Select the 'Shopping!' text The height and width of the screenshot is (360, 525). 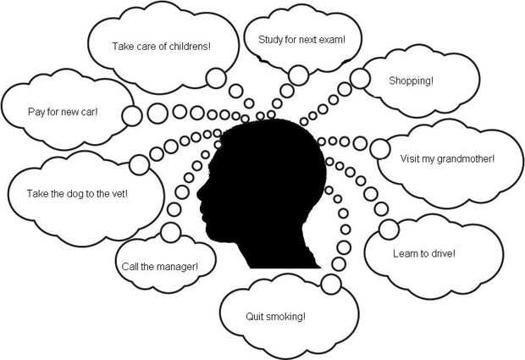click(411, 81)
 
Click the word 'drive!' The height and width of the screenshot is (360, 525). click(440, 253)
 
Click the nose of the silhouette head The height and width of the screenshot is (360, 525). click(200, 194)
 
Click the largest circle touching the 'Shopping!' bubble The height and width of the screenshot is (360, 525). click(360, 79)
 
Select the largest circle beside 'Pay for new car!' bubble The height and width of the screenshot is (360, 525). click(131, 116)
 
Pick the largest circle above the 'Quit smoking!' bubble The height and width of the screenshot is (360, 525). click(331, 282)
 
